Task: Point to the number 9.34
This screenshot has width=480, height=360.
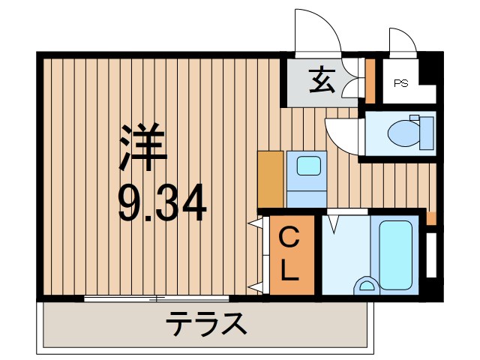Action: tap(162, 203)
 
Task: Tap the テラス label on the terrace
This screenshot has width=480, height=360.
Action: tap(205, 325)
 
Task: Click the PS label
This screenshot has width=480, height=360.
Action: tap(401, 84)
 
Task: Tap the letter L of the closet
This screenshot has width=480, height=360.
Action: tap(288, 271)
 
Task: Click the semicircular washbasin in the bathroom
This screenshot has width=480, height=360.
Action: tap(368, 285)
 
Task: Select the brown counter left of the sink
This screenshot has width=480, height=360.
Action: tap(271, 178)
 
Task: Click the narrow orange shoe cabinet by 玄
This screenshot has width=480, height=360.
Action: tap(370, 79)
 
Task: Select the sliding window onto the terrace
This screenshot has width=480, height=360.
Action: tap(157, 298)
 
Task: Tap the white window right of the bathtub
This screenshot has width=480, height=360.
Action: tap(430, 255)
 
